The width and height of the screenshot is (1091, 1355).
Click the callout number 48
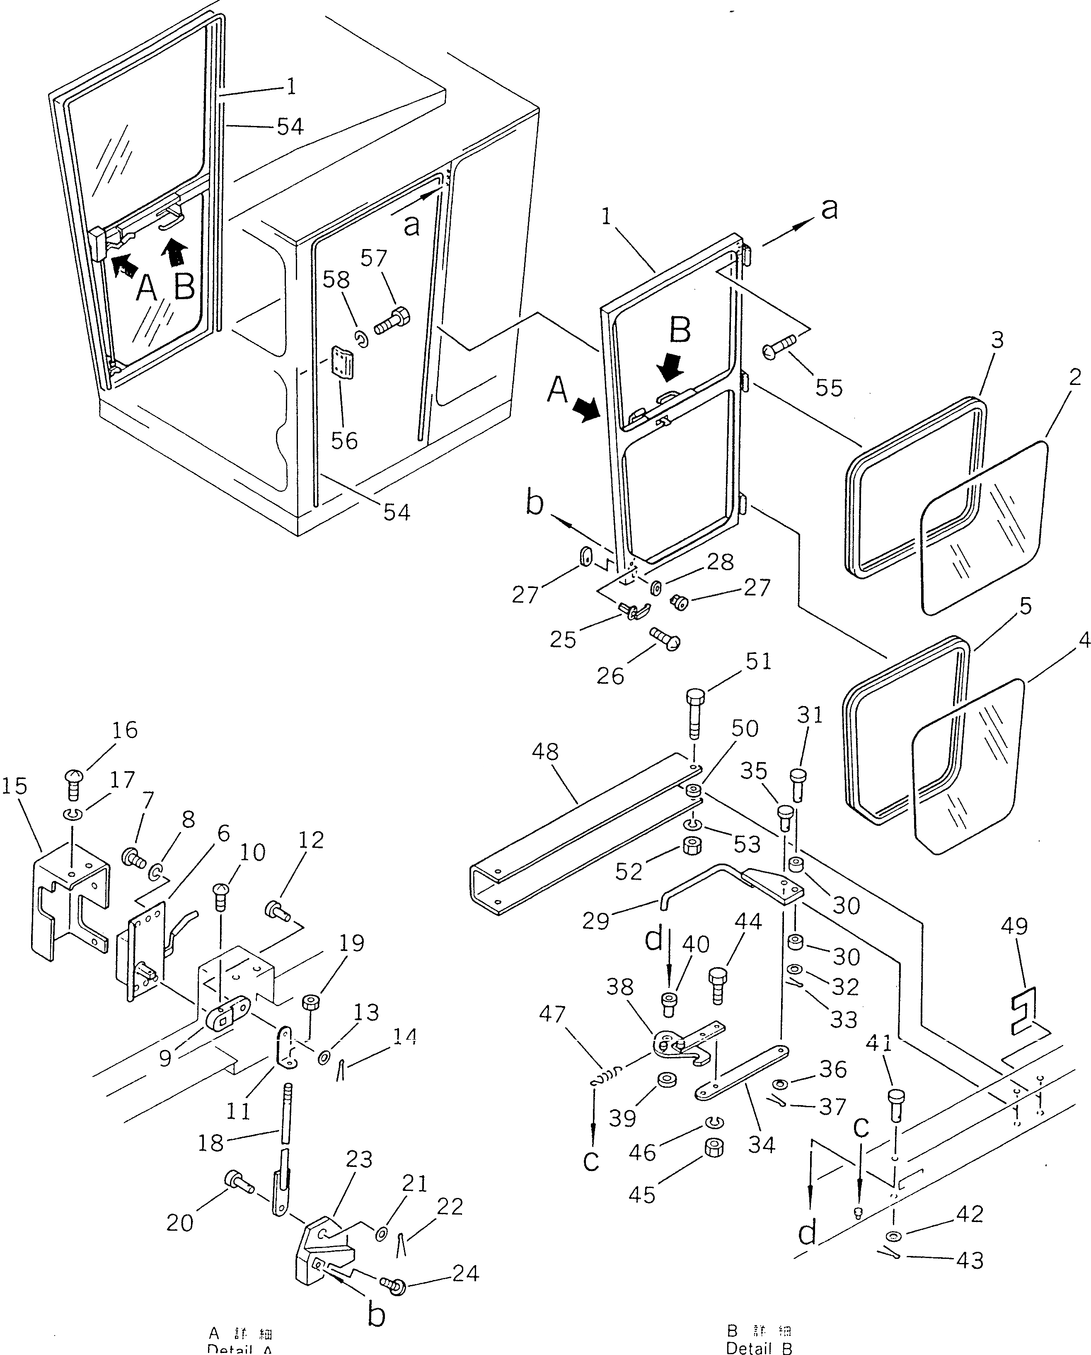(x=545, y=752)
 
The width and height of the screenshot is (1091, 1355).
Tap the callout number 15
(x=15, y=786)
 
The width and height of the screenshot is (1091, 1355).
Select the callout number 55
(x=829, y=388)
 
